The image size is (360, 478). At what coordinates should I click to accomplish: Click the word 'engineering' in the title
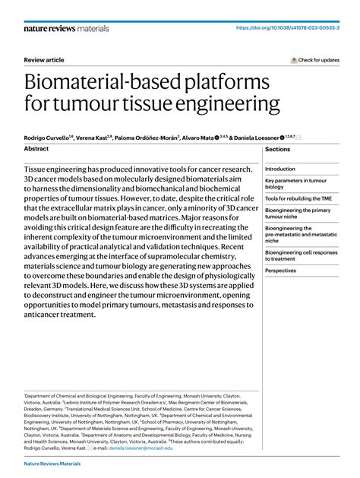tap(231, 104)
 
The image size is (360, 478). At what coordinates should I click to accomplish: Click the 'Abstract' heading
tap(36, 149)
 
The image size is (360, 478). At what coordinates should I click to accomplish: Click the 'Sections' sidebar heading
tap(278, 150)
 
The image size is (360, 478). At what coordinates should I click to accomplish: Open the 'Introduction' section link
tap(280, 169)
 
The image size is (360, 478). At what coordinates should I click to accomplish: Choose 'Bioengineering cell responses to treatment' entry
tap(301, 255)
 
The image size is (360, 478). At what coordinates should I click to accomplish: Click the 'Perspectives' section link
tap(281, 270)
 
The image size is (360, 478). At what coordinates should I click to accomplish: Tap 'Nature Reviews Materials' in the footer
tap(52, 464)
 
